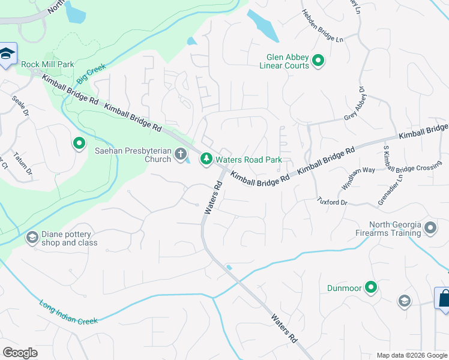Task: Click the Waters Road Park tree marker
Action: point(206,158)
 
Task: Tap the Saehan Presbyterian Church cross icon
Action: point(180,155)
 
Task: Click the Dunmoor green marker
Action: point(371,288)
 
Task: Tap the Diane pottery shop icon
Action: point(32,238)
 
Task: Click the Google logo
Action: point(20,353)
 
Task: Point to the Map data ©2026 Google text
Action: point(412,355)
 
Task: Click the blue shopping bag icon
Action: point(443,298)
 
